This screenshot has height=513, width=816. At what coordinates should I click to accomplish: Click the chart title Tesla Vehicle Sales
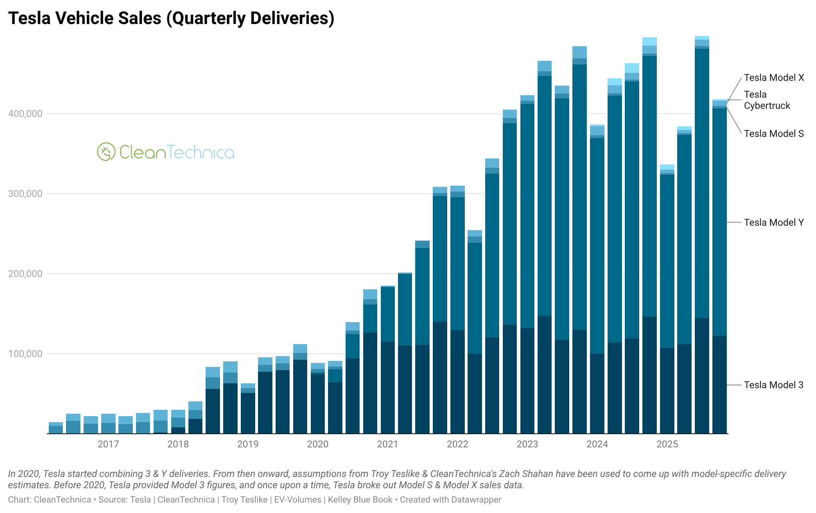pyautogui.click(x=171, y=18)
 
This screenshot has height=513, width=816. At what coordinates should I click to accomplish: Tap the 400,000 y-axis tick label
pyautogui.click(x=25, y=114)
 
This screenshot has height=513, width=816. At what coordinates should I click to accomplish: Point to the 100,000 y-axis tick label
pyautogui.click(x=25, y=354)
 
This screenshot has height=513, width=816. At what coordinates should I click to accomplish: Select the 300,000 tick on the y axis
pyautogui.click(x=25, y=194)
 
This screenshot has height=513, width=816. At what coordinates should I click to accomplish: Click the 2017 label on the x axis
pyautogui.click(x=108, y=444)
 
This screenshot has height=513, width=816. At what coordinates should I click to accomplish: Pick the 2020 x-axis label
pyautogui.click(x=318, y=444)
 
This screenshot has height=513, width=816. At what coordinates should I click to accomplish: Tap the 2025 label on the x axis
pyautogui.click(x=667, y=444)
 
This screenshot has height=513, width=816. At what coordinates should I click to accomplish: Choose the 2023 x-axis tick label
pyautogui.click(x=527, y=444)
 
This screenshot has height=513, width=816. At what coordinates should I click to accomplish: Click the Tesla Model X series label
pyautogui.click(x=774, y=78)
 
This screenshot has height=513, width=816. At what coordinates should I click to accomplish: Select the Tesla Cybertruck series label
pyautogui.click(x=766, y=100)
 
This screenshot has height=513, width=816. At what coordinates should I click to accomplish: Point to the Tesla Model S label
pyautogui.click(x=774, y=134)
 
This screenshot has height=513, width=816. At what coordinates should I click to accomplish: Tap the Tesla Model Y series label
pyautogui.click(x=774, y=222)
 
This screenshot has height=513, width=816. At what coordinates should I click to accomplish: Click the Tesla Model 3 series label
pyautogui.click(x=774, y=385)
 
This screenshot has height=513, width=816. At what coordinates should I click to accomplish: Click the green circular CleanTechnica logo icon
pyautogui.click(x=106, y=152)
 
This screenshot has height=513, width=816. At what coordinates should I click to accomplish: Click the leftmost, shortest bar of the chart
pyautogui.click(x=56, y=428)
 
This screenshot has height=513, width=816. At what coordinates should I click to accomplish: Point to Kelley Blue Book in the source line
pyautogui.click(x=360, y=500)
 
